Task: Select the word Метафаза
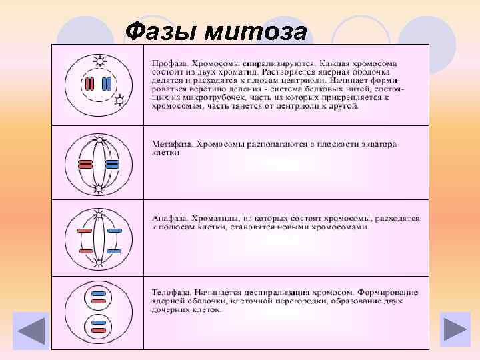(x=175, y=143)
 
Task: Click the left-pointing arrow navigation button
(x=30, y=331)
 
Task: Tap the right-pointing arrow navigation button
(x=455, y=331)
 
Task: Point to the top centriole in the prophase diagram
(x=100, y=62)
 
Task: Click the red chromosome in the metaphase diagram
(x=85, y=165)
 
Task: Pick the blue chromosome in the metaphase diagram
(x=111, y=165)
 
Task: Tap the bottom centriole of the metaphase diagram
(x=99, y=189)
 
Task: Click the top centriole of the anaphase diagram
(x=99, y=215)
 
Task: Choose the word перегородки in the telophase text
(x=303, y=301)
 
